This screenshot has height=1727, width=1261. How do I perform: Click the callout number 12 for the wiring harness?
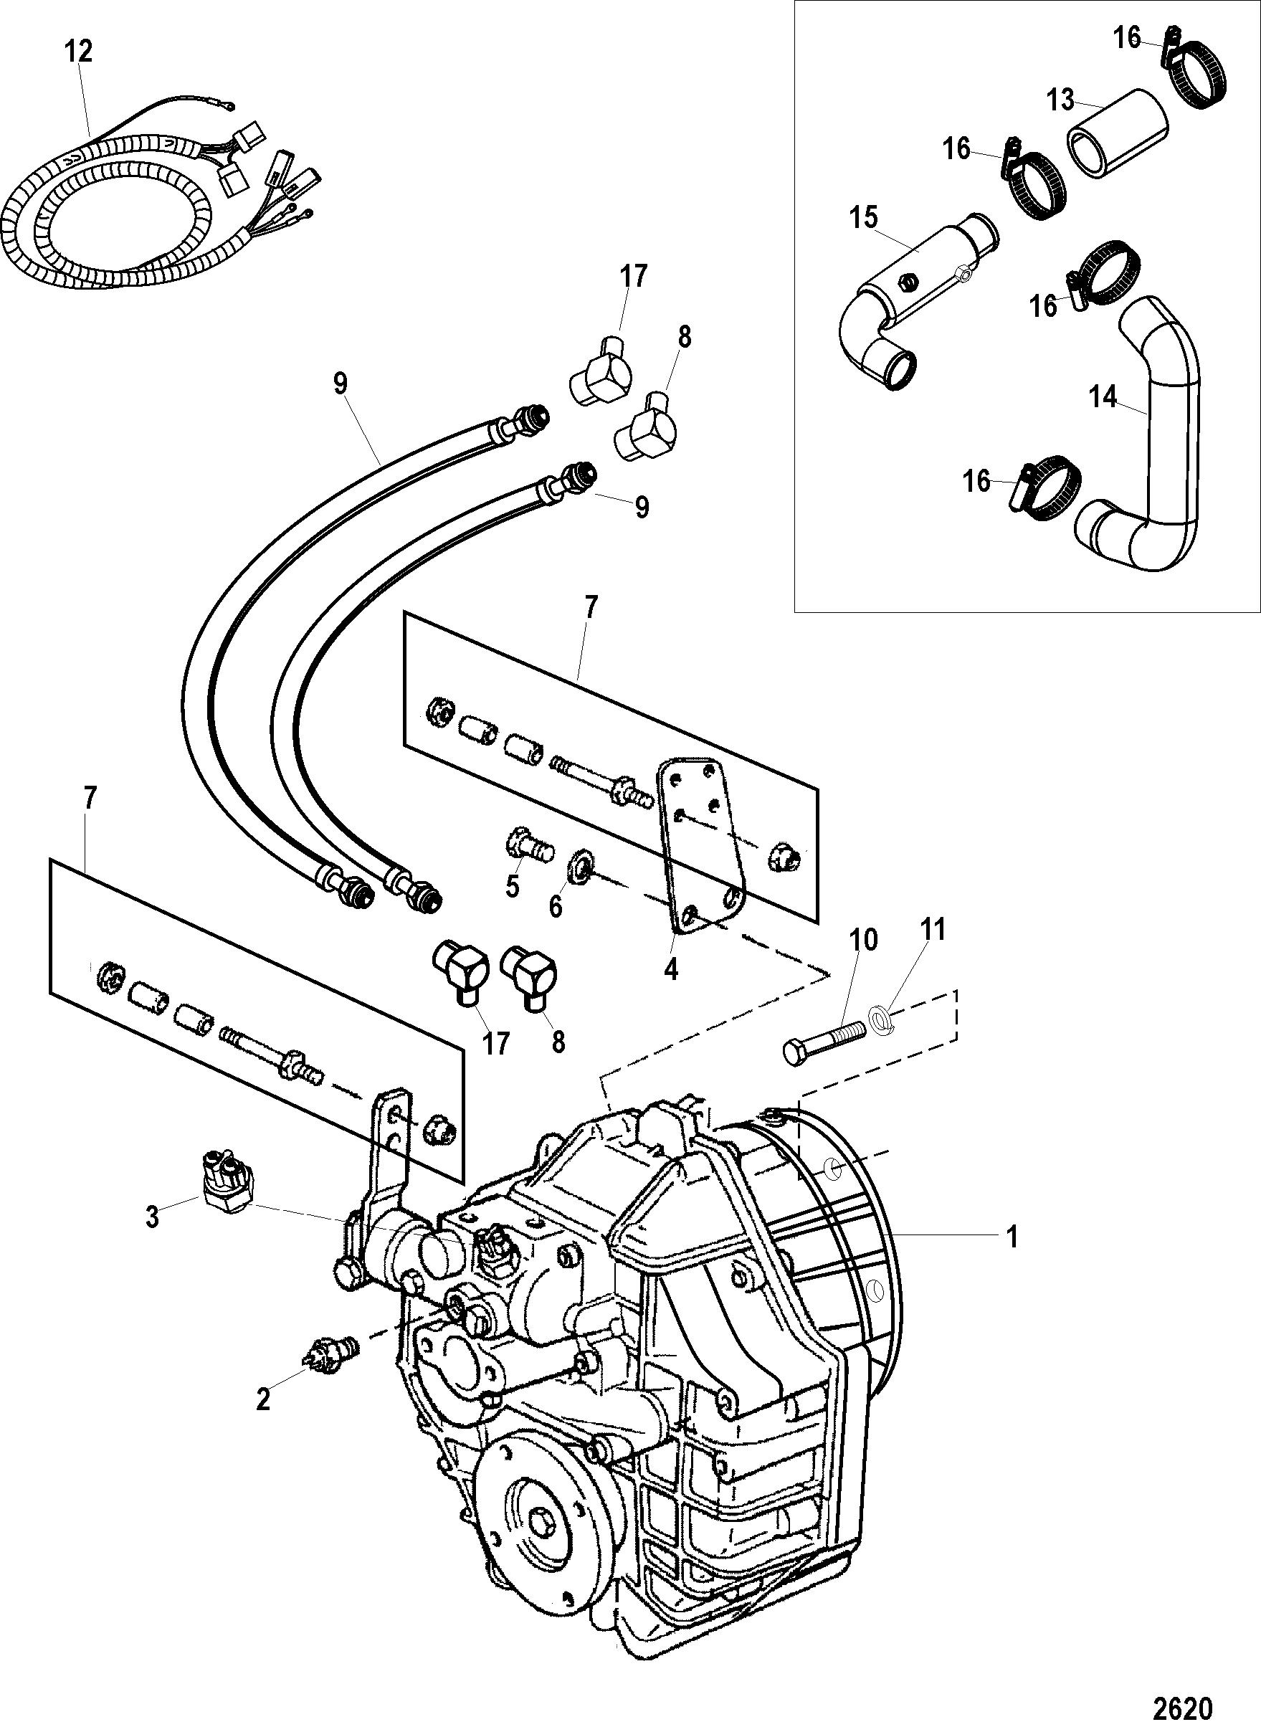tap(79, 51)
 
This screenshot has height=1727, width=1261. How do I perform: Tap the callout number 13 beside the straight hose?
tap(1060, 100)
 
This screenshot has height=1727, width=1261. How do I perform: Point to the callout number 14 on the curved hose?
tap(1104, 397)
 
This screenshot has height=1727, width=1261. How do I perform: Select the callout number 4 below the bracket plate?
tap(671, 969)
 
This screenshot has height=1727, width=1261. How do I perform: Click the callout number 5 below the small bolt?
tap(511, 886)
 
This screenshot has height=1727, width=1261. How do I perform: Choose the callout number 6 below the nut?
tap(556, 906)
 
